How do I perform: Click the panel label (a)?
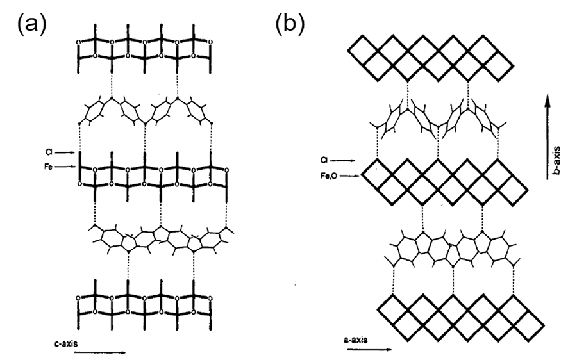click(32, 25)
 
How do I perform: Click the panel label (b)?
click(290, 25)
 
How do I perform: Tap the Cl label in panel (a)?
click(49, 152)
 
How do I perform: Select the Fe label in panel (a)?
click(48, 167)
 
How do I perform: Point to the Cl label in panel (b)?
click(324, 160)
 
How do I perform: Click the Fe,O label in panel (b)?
click(328, 176)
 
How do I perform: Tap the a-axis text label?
click(355, 340)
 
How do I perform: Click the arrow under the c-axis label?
click(100, 352)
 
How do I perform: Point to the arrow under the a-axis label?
click(369, 349)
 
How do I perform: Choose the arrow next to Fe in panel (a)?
click(65, 167)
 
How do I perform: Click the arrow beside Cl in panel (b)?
click(343, 160)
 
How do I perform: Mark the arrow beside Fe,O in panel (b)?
click(349, 176)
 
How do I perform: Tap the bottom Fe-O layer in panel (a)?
click(144, 305)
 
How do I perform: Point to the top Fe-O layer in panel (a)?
click(144, 49)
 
